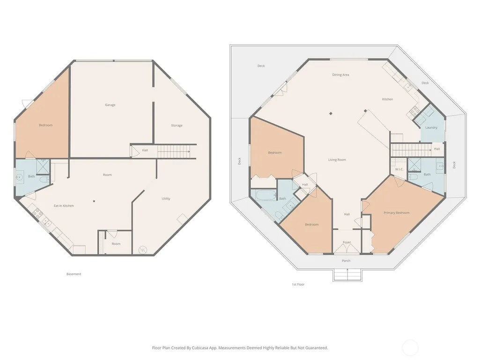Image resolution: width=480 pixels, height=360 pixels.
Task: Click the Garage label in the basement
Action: click(110, 105)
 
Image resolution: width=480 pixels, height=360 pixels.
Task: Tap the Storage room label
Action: click(177, 125)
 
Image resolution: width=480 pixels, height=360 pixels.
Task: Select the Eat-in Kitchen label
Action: click(64, 206)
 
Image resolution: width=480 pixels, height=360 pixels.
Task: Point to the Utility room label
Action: click(166, 198)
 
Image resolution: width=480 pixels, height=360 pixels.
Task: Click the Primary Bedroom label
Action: click(397, 213)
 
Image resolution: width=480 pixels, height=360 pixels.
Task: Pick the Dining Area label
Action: click(341, 75)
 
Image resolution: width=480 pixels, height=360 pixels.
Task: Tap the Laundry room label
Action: click(431, 128)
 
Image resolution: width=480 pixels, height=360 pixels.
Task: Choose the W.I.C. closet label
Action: click(399, 169)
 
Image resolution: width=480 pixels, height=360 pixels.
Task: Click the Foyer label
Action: click(347, 242)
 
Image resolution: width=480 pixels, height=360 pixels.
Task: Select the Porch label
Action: click(346, 261)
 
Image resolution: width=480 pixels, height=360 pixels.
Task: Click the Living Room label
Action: click(337, 160)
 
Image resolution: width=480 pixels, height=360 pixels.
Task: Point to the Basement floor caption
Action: click(74, 274)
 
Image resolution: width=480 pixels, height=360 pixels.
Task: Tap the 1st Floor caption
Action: click(298, 284)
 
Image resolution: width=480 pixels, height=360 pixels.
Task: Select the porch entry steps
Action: click(347, 275)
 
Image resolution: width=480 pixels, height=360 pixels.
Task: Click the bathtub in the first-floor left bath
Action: click(266, 195)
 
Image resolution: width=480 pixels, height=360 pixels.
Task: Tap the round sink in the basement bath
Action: click(20, 177)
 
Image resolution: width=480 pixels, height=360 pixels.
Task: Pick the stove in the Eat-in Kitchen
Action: click(37, 213)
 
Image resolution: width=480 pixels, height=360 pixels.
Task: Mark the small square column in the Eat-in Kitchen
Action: click(94, 201)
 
